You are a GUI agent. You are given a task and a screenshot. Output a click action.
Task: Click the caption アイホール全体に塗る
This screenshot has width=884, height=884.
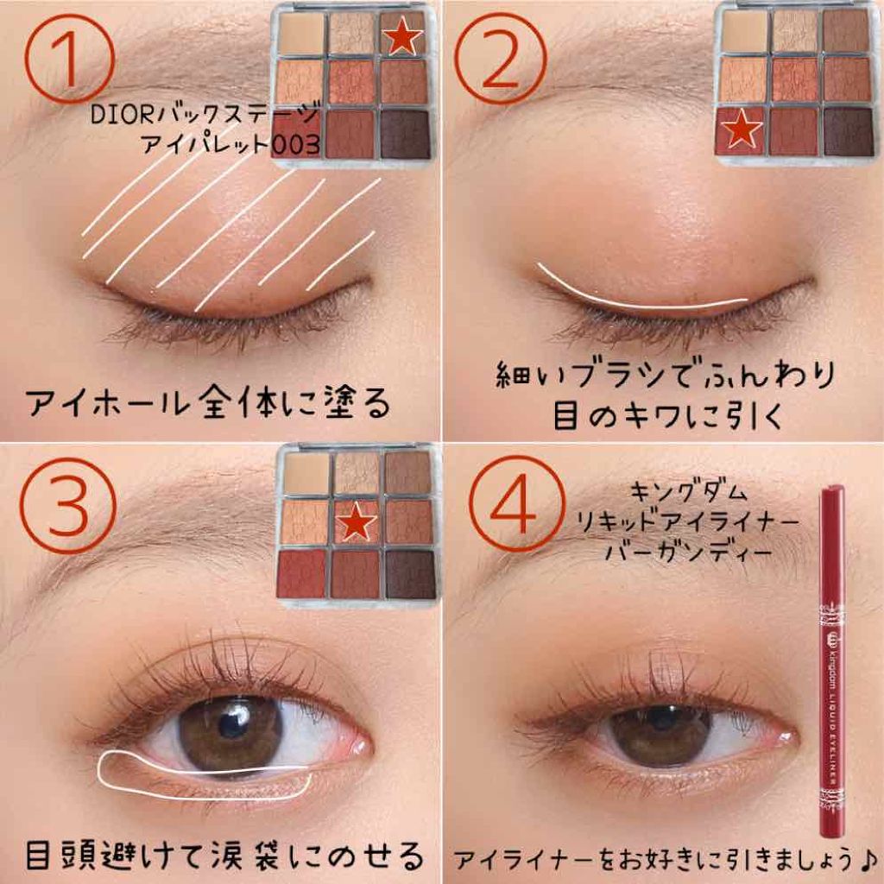click(x=207, y=403)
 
